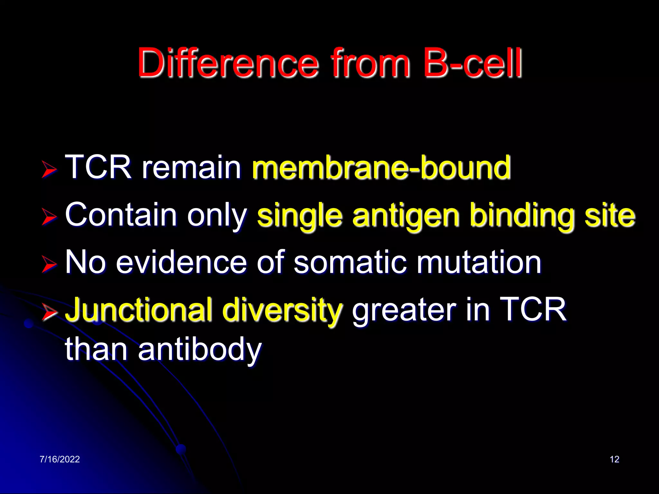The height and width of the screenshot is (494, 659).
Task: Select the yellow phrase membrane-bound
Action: click(x=381, y=167)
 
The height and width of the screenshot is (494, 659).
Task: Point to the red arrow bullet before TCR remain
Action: click(x=49, y=169)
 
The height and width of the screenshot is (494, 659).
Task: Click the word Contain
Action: click(x=121, y=215)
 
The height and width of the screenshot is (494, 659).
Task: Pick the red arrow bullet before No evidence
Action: click(x=49, y=265)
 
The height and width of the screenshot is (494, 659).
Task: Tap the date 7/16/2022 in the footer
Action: click(x=60, y=459)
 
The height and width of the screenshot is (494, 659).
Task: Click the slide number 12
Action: click(x=614, y=459)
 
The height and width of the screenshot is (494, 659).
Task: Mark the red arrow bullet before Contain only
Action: click(x=49, y=217)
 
